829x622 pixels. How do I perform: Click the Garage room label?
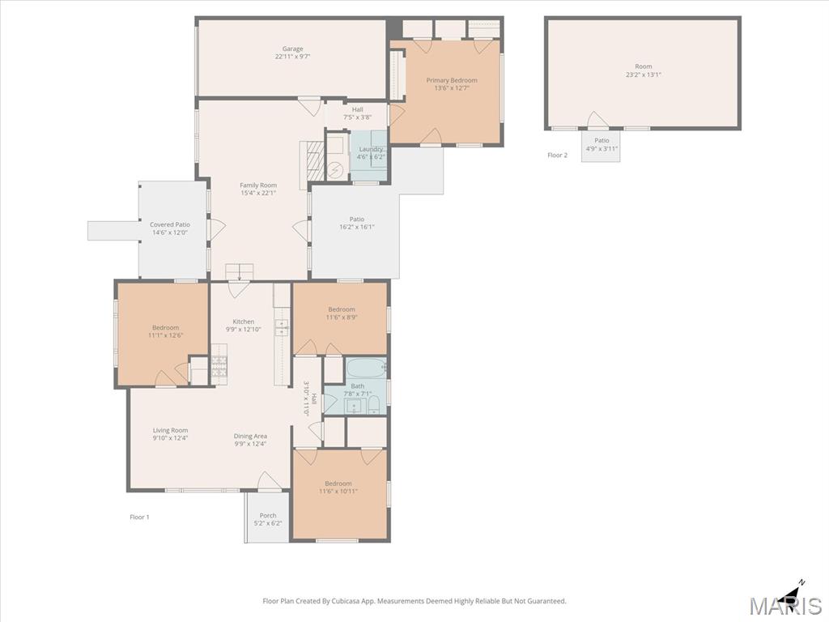[x=292, y=49]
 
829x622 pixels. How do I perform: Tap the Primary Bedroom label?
[x=452, y=80]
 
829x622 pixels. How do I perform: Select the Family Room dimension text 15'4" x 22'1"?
[x=258, y=193]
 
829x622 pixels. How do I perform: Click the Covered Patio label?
[x=170, y=225]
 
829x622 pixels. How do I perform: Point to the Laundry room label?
[x=371, y=149]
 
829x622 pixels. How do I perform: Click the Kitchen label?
[x=244, y=322]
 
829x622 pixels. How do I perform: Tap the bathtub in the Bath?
[x=367, y=367]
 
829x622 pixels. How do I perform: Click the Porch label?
[x=268, y=515]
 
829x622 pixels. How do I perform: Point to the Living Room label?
[x=170, y=431]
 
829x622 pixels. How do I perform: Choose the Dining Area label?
[x=250, y=437]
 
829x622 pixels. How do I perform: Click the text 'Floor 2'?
[x=557, y=155]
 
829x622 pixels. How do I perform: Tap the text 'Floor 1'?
[x=139, y=517]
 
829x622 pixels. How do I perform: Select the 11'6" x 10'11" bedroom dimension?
[x=338, y=492]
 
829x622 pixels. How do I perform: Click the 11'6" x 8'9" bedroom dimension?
[x=342, y=317]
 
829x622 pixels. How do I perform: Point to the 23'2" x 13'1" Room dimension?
[x=644, y=75]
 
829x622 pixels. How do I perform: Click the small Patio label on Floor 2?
[x=602, y=141]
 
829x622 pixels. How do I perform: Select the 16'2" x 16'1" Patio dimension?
[x=357, y=227]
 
